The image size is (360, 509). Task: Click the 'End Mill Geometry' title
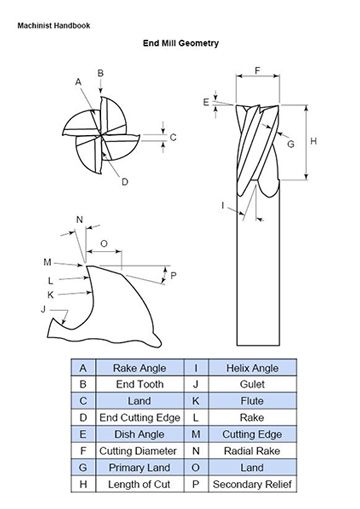[x=181, y=43]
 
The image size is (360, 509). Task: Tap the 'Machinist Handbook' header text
[x=54, y=25]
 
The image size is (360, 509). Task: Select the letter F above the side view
[x=257, y=71]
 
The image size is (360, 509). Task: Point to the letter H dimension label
[x=313, y=141]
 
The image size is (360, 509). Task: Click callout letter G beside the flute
[x=291, y=144]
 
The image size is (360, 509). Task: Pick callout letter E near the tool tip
[x=206, y=102]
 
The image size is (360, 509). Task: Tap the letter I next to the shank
[x=223, y=205]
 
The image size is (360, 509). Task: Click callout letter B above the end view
[x=100, y=73]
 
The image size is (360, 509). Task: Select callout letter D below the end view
[x=125, y=182]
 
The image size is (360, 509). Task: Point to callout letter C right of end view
[x=173, y=137]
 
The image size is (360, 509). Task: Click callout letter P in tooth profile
[x=173, y=276]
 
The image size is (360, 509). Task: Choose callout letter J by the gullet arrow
[x=43, y=309]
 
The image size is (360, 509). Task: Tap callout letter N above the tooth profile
[x=79, y=220]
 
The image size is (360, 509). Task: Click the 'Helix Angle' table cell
[x=252, y=368]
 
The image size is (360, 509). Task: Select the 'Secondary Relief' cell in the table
[x=252, y=484]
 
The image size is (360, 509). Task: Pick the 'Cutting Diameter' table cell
[x=140, y=451]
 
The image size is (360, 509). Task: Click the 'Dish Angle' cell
[x=140, y=434]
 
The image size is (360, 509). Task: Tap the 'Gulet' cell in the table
[x=252, y=384]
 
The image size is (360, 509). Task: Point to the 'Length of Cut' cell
[x=140, y=484]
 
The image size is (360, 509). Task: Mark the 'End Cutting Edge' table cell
[x=140, y=418]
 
